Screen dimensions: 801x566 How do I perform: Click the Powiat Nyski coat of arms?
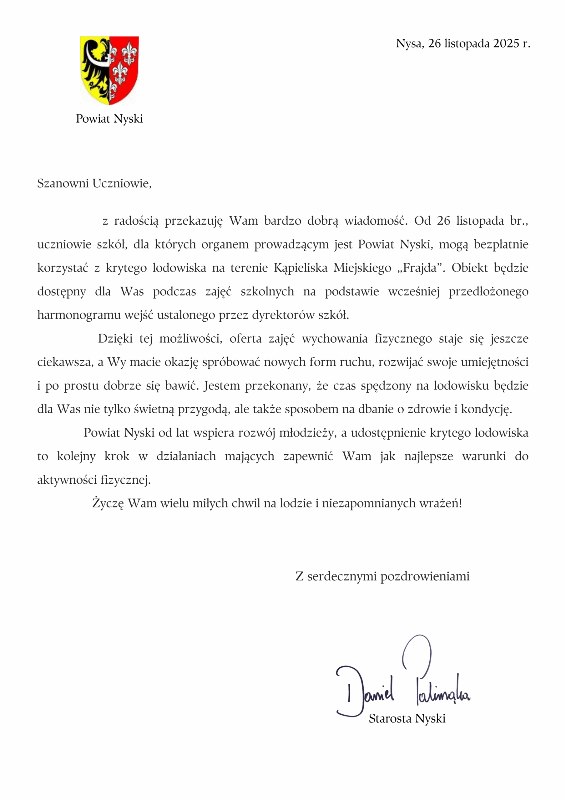pos(109,70)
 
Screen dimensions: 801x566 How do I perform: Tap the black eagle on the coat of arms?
pos(95,64)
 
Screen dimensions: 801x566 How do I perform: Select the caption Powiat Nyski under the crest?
pos(109,119)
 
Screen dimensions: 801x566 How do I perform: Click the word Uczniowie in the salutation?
pos(122,183)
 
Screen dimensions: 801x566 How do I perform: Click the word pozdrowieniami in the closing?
pos(425,576)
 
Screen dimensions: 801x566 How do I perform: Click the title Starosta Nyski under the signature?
pos(407,719)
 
